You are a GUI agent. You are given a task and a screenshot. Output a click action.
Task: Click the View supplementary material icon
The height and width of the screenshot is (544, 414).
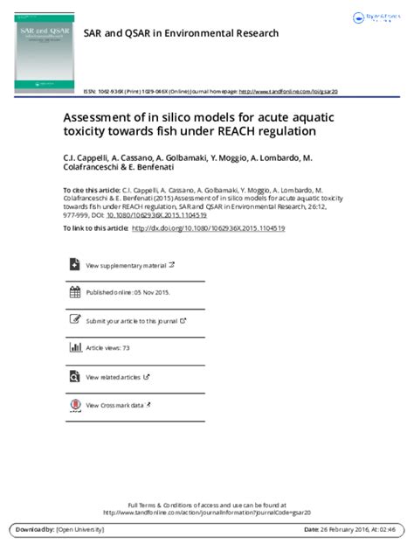[x=75, y=264]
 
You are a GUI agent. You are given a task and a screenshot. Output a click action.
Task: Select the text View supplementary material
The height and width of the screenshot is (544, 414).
[x=126, y=264]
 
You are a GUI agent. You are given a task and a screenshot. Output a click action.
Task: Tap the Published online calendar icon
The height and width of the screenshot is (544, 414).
[x=75, y=292]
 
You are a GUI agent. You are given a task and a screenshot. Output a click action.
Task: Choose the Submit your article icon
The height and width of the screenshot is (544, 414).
[x=75, y=320]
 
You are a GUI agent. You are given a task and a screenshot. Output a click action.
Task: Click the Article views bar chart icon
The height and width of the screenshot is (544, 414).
[x=75, y=348]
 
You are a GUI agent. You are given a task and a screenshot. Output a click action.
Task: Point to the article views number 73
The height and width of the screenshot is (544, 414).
[x=126, y=348]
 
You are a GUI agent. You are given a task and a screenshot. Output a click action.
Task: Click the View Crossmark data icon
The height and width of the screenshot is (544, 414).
[x=75, y=405]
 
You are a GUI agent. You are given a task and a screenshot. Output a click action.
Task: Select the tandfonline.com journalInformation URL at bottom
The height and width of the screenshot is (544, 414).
[x=206, y=513]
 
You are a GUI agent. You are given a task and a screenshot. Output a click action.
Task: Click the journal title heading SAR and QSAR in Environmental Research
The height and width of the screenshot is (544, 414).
[x=181, y=32]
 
